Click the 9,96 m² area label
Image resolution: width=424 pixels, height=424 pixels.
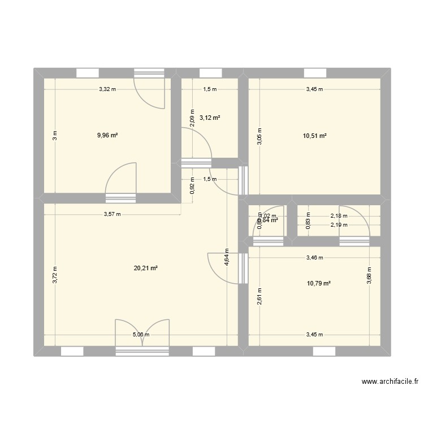click(107, 135)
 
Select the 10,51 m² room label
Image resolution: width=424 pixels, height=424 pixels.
click(315, 135)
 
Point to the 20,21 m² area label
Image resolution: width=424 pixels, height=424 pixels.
click(145, 269)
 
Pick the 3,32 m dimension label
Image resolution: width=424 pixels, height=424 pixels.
click(107, 89)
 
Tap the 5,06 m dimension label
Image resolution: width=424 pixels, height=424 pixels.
click(141, 335)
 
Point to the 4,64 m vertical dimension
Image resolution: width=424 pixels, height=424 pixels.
click(227, 262)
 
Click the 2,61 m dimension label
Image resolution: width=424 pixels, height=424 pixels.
click(258, 296)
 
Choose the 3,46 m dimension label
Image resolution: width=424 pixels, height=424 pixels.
click(314, 258)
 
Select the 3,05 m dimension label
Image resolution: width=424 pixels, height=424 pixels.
click(258, 136)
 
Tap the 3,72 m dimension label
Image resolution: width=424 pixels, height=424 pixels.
click(55, 274)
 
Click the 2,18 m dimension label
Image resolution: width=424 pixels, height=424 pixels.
click(339, 215)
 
